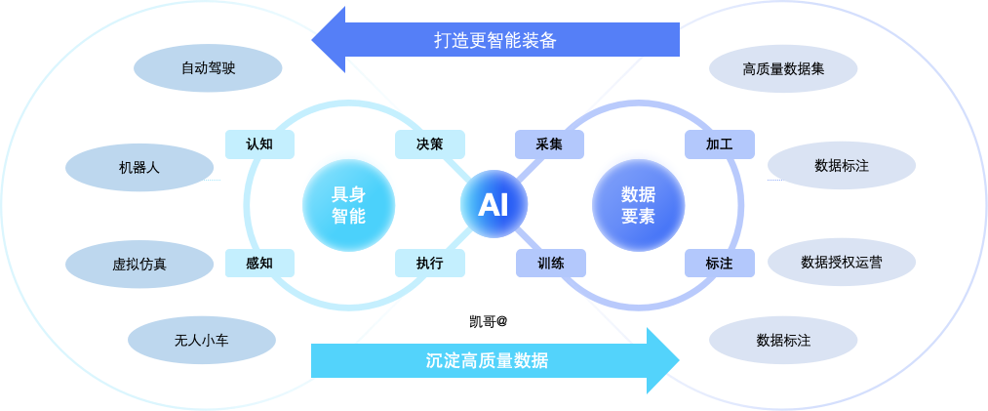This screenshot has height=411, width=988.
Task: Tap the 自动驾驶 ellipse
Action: tap(208, 68)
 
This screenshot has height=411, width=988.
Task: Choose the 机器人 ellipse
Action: tap(139, 167)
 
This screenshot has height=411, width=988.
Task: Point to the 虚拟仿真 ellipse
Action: tap(138, 264)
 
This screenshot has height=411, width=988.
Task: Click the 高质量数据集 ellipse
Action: tap(783, 69)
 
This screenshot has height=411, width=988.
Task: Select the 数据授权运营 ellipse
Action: tap(843, 263)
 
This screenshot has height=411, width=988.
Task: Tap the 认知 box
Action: tap(258, 144)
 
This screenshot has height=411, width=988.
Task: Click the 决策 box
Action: tap(429, 144)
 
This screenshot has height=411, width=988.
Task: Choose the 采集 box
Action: tap(549, 144)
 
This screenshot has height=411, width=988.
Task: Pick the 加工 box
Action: tap(720, 144)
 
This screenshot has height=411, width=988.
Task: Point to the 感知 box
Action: tap(258, 263)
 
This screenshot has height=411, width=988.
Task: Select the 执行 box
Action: tap(429, 263)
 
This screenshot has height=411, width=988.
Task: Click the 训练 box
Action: tap(550, 263)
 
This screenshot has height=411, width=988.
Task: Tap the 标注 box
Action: tap(720, 263)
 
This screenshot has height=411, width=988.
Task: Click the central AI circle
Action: tap(493, 205)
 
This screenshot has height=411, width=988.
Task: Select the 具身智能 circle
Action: tap(348, 205)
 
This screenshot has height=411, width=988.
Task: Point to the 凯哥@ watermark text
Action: tap(488, 319)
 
